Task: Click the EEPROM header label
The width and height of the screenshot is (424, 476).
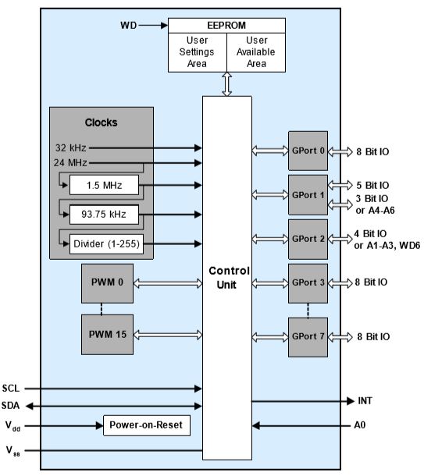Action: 226,25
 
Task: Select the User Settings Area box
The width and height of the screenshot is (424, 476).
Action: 198,52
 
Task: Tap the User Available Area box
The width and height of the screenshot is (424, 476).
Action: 256,52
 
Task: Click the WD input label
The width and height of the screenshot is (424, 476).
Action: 129,25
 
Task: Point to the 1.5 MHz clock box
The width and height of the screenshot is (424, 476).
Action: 104,185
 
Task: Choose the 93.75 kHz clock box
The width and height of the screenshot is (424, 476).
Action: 104,215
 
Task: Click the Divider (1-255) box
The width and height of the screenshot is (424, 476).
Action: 107,243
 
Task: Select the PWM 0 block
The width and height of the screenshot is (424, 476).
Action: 107,283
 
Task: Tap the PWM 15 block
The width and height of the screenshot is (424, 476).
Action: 107,334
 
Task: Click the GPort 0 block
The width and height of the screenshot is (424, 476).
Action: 308,151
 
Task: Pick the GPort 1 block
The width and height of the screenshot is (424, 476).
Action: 308,195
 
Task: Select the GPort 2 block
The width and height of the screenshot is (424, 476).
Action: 308,239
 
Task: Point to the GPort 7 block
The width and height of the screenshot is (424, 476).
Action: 308,337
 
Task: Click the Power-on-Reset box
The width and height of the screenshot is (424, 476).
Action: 147,425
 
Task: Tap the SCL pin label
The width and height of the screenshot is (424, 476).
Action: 11,389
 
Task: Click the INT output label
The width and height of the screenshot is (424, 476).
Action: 365,401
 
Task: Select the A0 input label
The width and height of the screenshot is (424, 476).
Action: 360,425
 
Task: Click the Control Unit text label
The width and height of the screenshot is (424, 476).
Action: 229,278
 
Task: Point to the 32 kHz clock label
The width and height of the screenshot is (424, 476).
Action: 71,147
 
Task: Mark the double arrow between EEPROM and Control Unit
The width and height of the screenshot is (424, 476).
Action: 227,84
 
